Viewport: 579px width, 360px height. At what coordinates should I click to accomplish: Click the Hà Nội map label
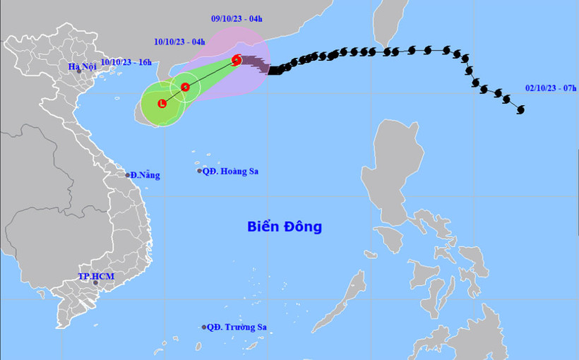coord(81,67)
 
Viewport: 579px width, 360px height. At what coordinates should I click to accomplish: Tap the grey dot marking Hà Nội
coord(80,71)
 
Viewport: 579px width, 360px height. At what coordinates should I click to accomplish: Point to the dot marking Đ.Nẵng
coord(127,175)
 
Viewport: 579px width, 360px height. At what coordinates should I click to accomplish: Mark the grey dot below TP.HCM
coord(95,282)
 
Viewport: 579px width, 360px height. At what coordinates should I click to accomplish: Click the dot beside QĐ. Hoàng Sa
coord(200,171)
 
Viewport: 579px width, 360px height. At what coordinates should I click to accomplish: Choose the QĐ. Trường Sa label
coord(239,327)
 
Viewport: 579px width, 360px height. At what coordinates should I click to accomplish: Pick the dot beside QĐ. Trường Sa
coord(203,327)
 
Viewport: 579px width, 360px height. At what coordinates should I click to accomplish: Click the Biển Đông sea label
coord(285,227)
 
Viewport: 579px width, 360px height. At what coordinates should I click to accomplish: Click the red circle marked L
coord(162,104)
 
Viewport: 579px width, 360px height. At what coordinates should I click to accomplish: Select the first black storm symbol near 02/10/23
coord(521,109)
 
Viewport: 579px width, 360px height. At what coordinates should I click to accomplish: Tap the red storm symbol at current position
coord(237,60)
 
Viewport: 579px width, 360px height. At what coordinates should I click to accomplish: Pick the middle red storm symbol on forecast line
coord(185,87)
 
